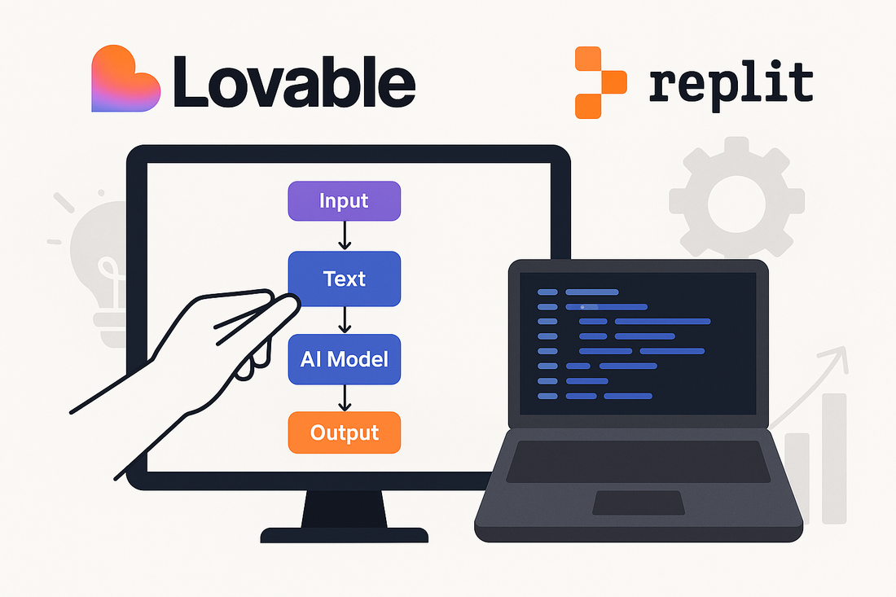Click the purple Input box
click(345, 201)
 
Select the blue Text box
click(345, 279)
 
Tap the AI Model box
click(345, 359)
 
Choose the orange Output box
click(345, 432)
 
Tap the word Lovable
click(294, 81)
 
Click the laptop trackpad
click(638, 503)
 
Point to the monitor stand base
click(344, 534)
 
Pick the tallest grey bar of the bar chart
click(834, 457)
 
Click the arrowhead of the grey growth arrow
click(839, 354)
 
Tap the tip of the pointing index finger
click(288, 303)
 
